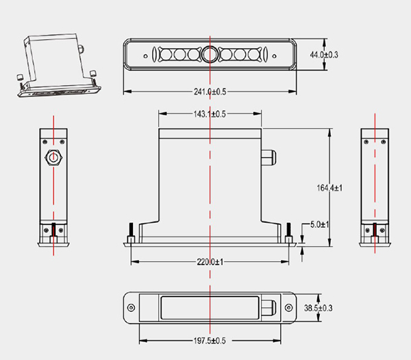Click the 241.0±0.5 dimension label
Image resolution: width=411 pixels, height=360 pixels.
tap(210, 91)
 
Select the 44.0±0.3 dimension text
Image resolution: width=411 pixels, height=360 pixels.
tap(325, 54)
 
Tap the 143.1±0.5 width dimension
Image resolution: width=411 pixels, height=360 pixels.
tap(210, 114)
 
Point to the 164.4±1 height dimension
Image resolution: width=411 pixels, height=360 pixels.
tap(338, 187)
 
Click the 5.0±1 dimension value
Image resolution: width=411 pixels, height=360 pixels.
tap(319, 224)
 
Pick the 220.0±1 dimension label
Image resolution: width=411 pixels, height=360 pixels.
tap(210, 261)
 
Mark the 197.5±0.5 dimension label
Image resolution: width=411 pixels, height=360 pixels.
tap(210, 341)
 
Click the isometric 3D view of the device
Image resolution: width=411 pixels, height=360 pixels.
tap(58, 65)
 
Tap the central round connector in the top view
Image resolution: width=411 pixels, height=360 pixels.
tap(210, 53)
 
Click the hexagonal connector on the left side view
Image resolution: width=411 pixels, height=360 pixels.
tap(53, 158)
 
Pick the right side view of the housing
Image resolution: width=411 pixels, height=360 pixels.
tap(375, 187)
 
